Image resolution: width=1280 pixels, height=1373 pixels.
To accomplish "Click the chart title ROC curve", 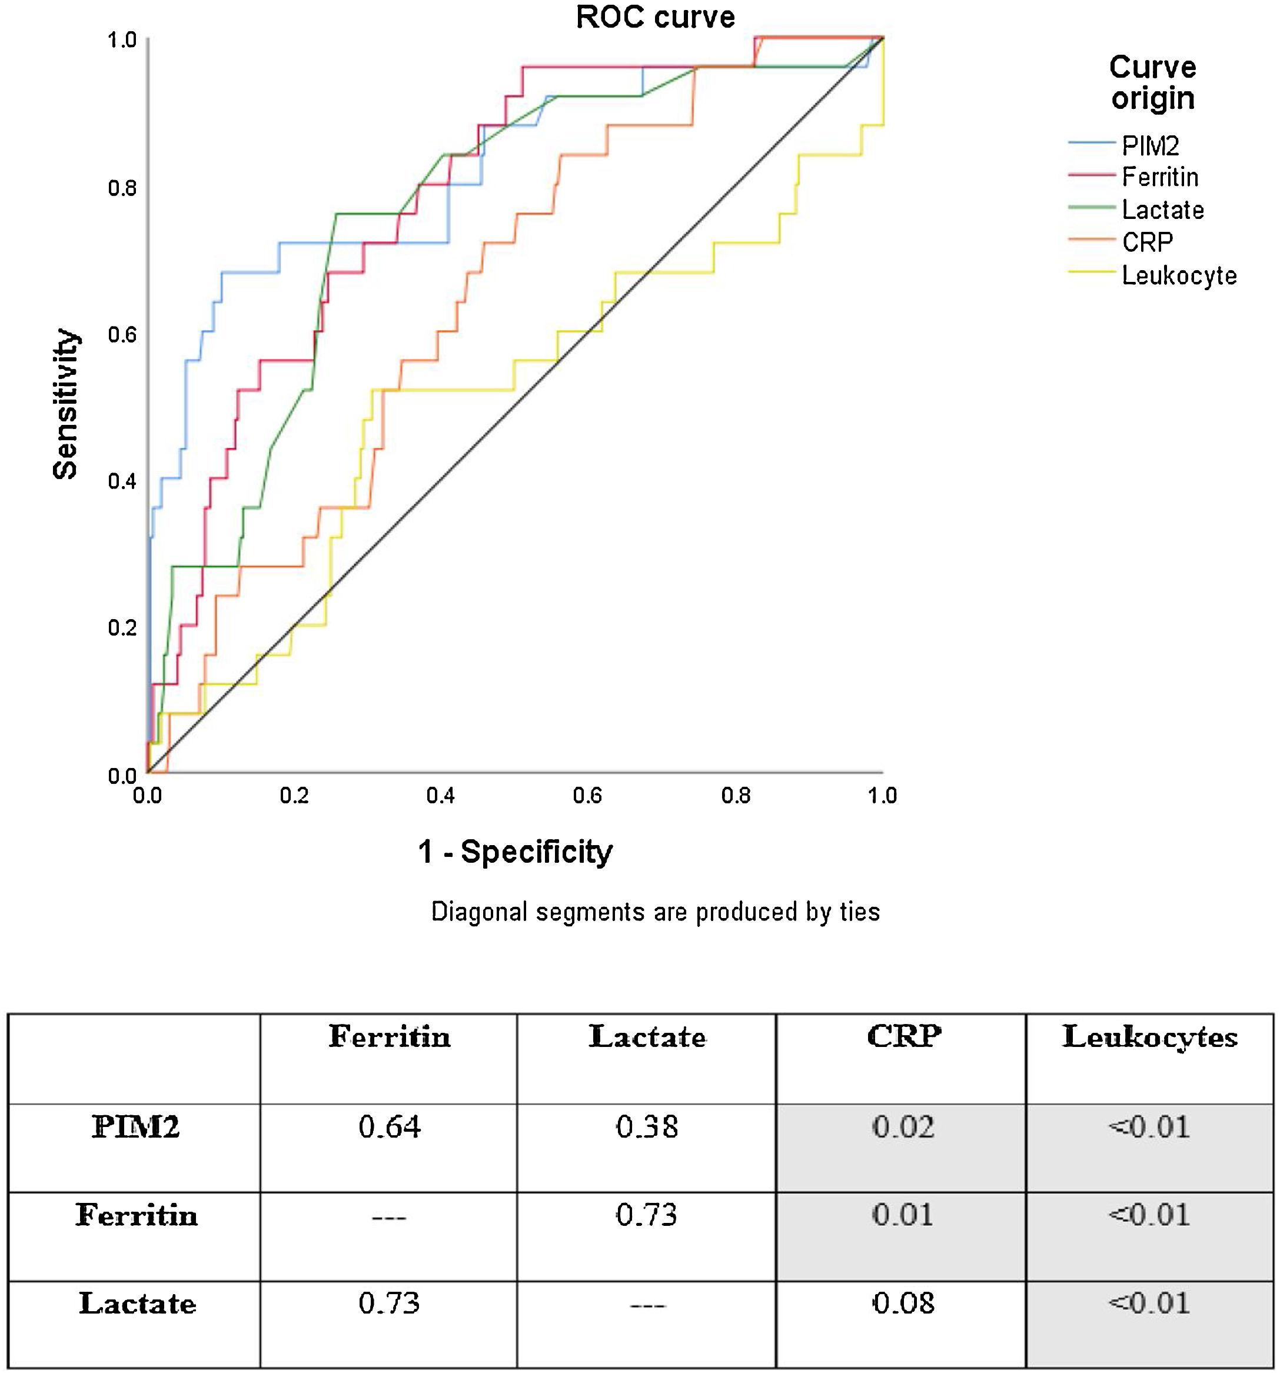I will (x=655, y=17).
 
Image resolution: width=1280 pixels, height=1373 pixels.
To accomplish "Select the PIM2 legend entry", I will (x=1149, y=146).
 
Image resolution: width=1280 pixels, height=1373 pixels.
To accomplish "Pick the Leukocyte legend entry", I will (x=1178, y=275).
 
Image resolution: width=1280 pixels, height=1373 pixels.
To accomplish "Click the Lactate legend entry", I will (x=1162, y=210).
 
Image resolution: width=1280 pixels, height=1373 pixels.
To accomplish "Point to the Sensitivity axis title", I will (x=66, y=404).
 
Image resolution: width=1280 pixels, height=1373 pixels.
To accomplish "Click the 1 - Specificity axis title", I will (x=516, y=852).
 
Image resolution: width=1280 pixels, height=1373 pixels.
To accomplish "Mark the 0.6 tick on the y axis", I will (x=122, y=335).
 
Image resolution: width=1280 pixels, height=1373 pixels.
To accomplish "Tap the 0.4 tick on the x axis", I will (x=441, y=796).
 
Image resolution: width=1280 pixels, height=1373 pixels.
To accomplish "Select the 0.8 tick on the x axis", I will (x=736, y=796).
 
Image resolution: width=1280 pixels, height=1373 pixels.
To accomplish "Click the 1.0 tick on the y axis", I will (x=122, y=40).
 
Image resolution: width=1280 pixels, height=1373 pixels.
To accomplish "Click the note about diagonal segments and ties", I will (x=655, y=912).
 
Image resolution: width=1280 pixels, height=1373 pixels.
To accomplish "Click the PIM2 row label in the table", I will (x=135, y=1127).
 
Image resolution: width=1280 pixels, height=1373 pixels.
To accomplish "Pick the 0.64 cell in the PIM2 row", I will (x=389, y=1127).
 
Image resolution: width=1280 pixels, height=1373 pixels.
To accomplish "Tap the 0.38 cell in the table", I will (x=647, y=1127).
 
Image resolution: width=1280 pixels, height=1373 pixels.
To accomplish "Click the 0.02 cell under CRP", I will (x=903, y=1127).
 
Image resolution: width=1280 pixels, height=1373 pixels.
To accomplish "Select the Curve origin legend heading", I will (x=1152, y=83).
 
